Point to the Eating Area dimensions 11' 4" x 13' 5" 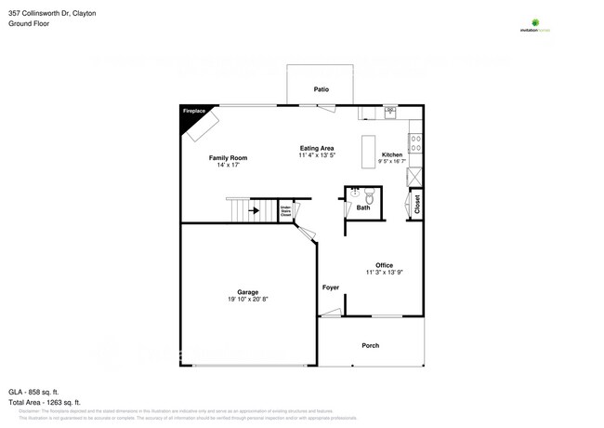pyautogui.click(x=316, y=156)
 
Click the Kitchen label pyautogui.click(x=391, y=154)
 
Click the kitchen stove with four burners pyautogui.click(x=415, y=144)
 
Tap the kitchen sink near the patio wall pyautogui.click(x=390, y=114)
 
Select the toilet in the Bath pyautogui.click(x=369, y=196)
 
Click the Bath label pyautogui.click(x=362, y=207)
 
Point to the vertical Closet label pyautogui.click(x=417, y=204)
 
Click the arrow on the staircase pyautogui.click(x=254, y=211)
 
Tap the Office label pyautogui.click(x=384, y=264)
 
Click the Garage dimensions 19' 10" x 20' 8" pyautogui.click(x=246, y=300)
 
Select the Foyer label pyautogui.click(x=330, y=287)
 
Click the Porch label pyautogui.click(x=370, y=345)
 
